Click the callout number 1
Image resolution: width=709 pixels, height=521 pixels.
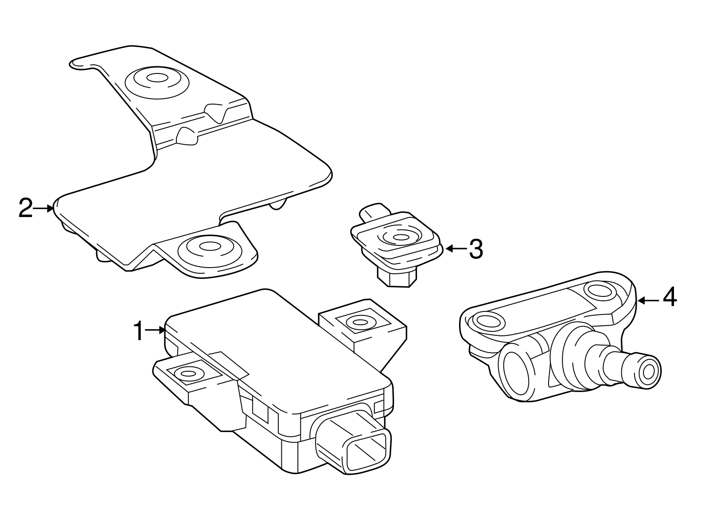pyautogui.click(x=139, y=331)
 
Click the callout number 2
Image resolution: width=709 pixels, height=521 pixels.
pyautogui.click(x=26, y=208)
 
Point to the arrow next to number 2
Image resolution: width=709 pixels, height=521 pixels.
pyautogui.click(x=44, y=208)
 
